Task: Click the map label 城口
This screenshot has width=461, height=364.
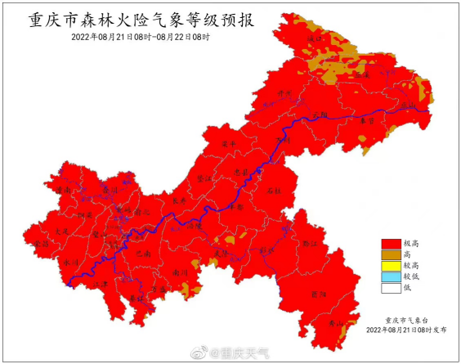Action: pyautogui.click(x=312, y=38)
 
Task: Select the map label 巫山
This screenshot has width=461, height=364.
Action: pyautogui.click(x=406, y=106)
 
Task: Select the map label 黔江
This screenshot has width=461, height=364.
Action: pyautogui.click(x=309, y=244)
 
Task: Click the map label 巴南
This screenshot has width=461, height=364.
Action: pyautogui.click(x=143, y=254)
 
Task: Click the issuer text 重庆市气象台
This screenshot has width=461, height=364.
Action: pyautogui.click(x=406, y=321)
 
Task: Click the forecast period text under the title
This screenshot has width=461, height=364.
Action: pyautogui.click(x=140, y=37)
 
